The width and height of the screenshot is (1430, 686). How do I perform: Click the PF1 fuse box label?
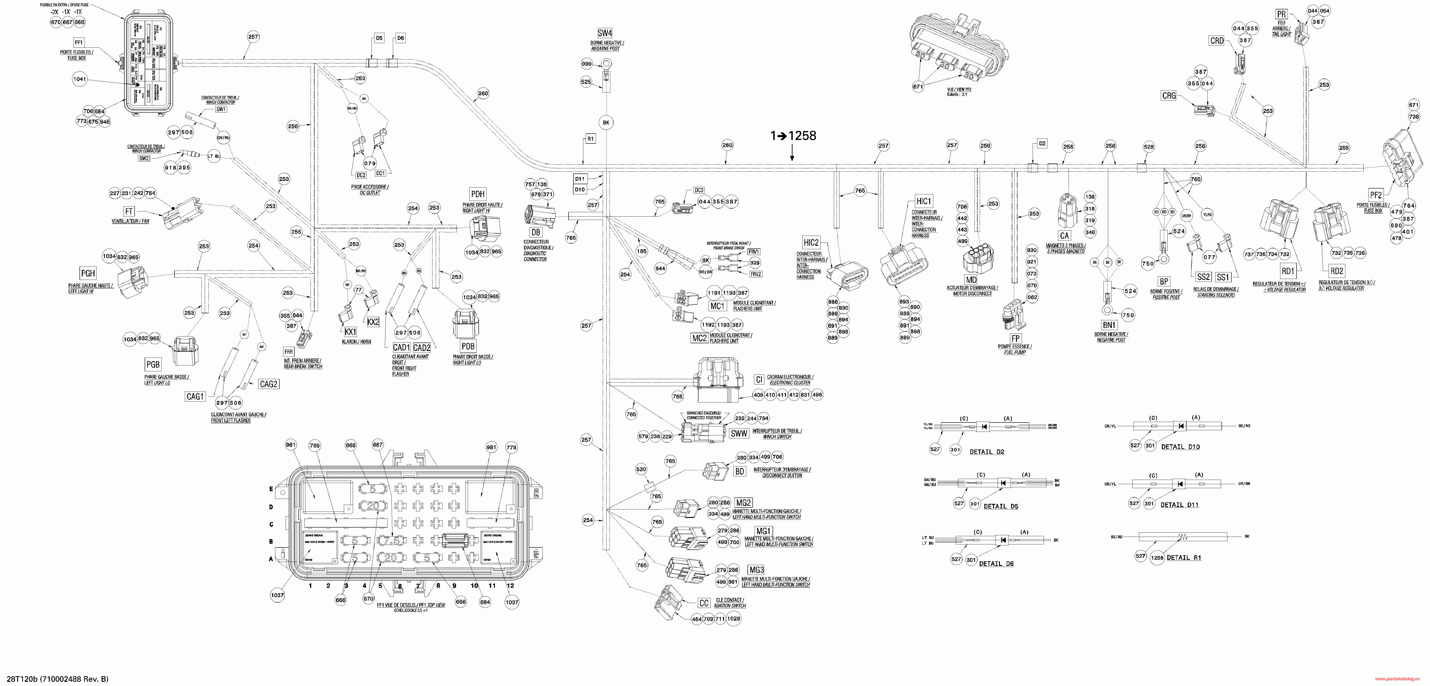point(78,42)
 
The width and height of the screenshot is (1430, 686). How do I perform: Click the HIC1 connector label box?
point(924,201)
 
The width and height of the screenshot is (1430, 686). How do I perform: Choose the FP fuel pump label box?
point(1015,339)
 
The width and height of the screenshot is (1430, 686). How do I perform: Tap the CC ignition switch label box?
point(704,603)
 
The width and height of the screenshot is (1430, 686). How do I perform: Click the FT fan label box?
point(129,211)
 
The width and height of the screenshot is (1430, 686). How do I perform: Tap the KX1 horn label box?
point(350,331)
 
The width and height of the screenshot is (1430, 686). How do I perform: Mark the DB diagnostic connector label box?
point(536,232)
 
